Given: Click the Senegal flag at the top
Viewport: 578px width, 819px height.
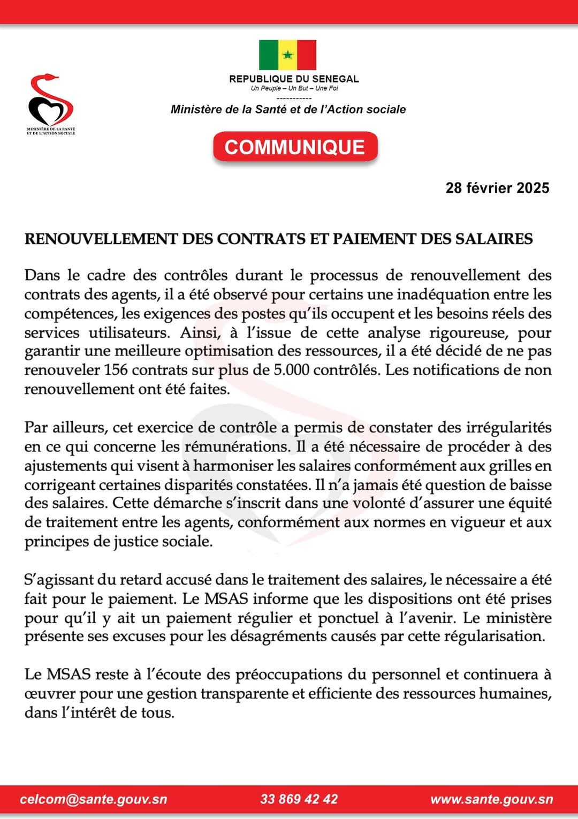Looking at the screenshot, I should pos(287,55).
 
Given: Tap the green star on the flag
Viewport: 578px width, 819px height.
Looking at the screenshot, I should pos(288,55).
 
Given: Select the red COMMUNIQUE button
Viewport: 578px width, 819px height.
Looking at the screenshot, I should pos(295,147).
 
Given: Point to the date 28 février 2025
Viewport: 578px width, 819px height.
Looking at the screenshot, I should pos(497,188).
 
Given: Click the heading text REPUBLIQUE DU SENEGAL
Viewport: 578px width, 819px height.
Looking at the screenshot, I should pos(294,79).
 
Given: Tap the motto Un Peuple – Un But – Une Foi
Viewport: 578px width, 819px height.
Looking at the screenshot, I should pos(294,88).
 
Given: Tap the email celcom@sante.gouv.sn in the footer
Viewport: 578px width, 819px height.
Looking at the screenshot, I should pos(94,799).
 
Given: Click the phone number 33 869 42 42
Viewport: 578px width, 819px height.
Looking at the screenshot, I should pos(299,799).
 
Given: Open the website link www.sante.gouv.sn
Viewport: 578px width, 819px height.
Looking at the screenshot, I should pos(491,799).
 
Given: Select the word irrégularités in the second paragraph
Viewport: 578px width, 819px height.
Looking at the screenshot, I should pos(506,427).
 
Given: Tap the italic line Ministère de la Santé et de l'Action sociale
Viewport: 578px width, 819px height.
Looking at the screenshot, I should pos(288,109).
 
